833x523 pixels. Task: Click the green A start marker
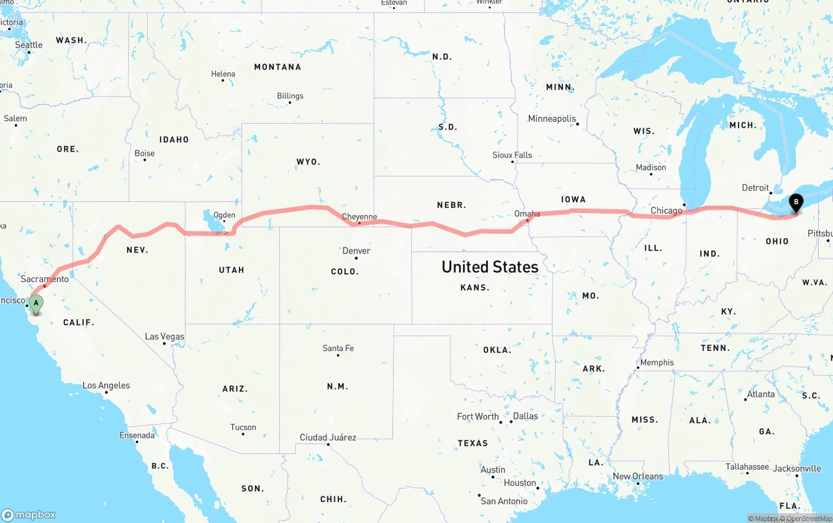(36, 303)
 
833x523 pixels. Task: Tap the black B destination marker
(795, 203)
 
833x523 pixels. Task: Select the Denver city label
(356, 251)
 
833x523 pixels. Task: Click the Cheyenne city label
(359, 217)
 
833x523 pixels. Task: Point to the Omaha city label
(527, 214)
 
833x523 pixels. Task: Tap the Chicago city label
(666, 210)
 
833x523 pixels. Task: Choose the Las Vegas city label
(164, 337)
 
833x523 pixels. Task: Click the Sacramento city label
(44, 279)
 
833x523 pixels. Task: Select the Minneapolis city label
(552, 119)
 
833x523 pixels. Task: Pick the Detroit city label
(756, 188)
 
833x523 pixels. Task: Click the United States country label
(490, 266)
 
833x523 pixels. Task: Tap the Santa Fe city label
(338, 348)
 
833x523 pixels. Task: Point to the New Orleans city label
(638, 476)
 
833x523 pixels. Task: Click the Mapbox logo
(29, 515)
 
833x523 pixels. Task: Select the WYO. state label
(308, 162)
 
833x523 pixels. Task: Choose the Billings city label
(290, 96)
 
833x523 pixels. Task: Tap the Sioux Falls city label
(512, 155)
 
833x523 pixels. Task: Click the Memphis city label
(657, 363)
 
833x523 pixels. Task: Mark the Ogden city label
(225, 215)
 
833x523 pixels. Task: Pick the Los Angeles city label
(106, 386)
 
